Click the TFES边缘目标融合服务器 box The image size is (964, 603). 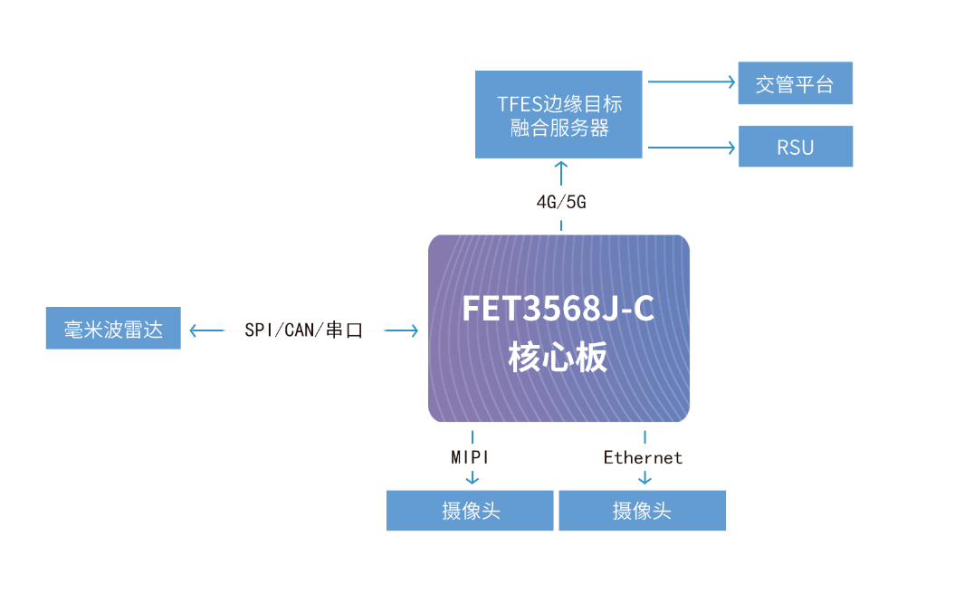(558, 114)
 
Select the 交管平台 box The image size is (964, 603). (795, 83)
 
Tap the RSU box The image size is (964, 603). (795, 147)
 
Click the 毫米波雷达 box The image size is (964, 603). (113, 328)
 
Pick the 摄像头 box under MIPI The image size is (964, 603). (470, 511)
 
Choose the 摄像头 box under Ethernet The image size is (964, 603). (642, 511)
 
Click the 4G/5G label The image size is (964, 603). (561, 202)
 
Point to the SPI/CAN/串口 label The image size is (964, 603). (303, 330)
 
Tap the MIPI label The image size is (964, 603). (471, 457)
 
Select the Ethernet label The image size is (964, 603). (643, 457)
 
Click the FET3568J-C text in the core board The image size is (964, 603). (558, 310)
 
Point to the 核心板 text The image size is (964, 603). (558, 358)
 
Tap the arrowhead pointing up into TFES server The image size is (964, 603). (561, 167)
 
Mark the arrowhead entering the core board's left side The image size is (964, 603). (414, 330)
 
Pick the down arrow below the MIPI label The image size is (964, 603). (471, 479)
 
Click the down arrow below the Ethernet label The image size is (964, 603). (644, 479)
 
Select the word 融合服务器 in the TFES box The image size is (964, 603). (558, 128)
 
